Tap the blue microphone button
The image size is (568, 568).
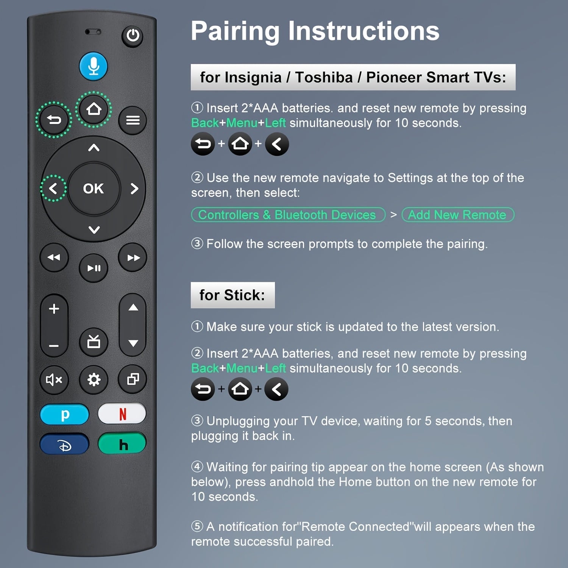pos(93,66)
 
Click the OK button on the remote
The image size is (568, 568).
pos(93,189)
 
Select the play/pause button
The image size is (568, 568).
pos(94,268)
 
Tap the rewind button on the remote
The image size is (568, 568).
pos(54,257)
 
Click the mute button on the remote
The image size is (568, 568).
pos(54,379)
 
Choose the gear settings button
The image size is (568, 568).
pos(94,379)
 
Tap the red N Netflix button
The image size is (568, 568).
pos(122,414)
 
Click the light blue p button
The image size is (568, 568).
pos(64,415)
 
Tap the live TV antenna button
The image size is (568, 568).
pos(94,342)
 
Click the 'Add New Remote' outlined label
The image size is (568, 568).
pos(457,215)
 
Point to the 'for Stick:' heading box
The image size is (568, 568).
pos(233,295)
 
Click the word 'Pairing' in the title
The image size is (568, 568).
pos(235,31)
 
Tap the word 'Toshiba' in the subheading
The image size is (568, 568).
pos(324,77)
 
